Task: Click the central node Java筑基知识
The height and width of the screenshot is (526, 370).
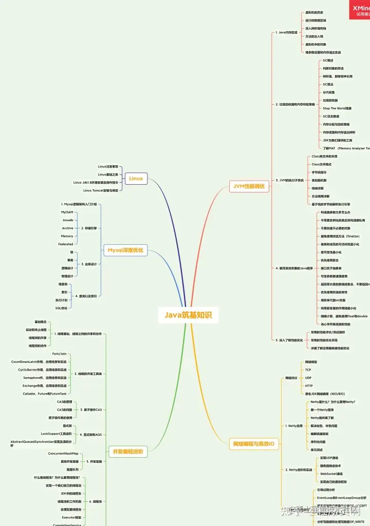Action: [188, 315]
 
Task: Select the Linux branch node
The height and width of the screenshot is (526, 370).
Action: [136, 179]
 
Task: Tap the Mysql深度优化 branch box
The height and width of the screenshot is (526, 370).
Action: [125, 250]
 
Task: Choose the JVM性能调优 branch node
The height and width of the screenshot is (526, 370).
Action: [249, 187]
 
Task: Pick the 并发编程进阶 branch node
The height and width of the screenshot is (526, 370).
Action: [127, 452]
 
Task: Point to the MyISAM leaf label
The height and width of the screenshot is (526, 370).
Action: [67, 212]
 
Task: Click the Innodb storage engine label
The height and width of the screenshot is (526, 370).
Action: [68, 220]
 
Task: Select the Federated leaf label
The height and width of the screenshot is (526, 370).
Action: [66, 244]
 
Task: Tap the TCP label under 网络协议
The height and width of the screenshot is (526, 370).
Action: [308, 369]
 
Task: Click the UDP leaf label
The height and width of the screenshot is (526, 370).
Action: [308, 377]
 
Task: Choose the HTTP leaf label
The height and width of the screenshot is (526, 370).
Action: [309, 385]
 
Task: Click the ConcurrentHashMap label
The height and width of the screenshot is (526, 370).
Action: [63, 454]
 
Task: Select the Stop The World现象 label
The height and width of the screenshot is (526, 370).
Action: [337, 108]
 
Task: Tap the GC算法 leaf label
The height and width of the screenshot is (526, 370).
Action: [328, 84]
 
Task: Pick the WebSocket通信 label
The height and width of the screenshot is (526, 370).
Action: [331, 474]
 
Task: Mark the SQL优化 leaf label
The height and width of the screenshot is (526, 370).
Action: [61, 308]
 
